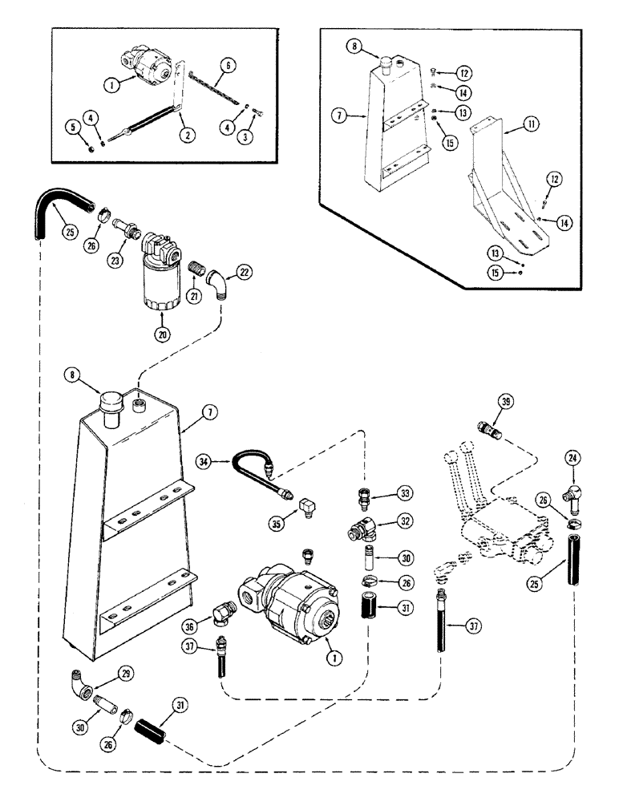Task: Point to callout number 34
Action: pyautogui.click(x=206, y=462)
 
